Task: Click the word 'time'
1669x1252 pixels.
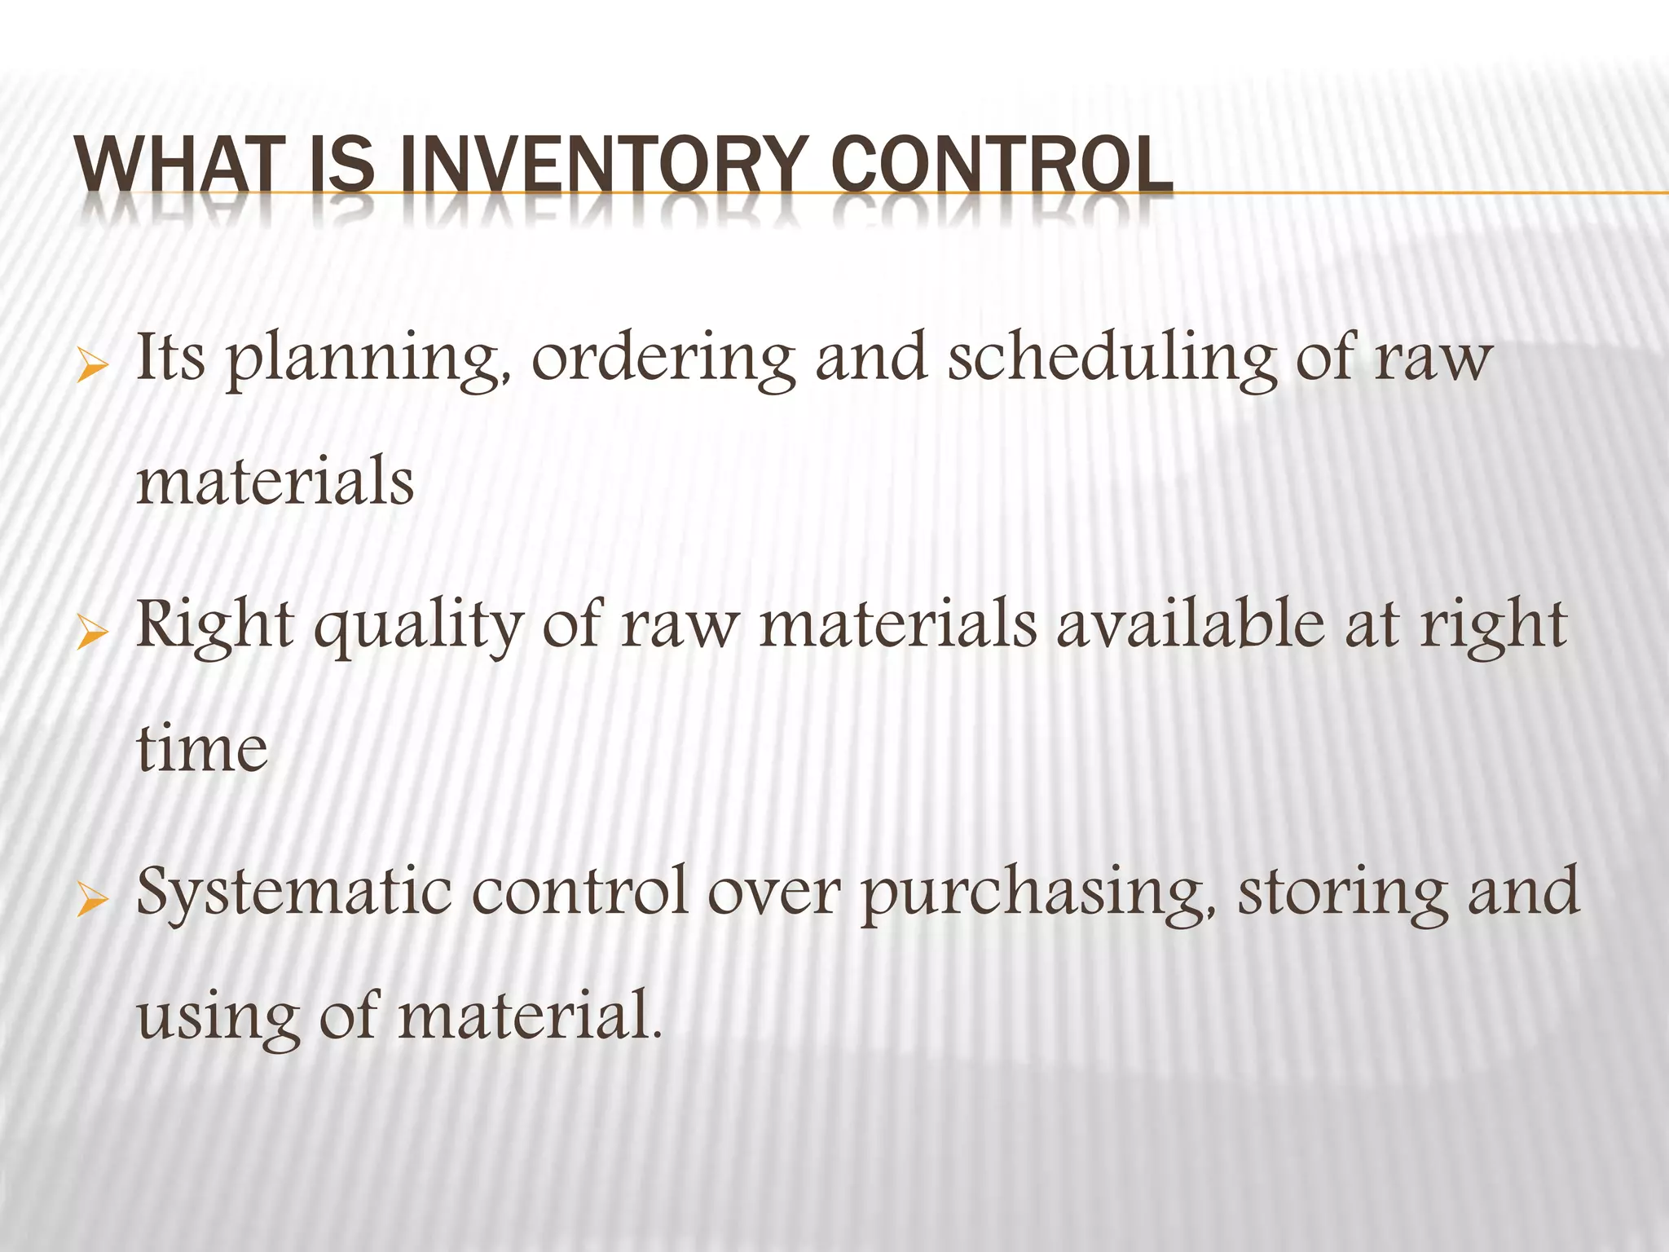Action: point(201,749)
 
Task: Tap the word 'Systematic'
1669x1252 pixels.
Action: point(293,892)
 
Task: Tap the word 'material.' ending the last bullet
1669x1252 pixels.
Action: point(530,1016)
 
